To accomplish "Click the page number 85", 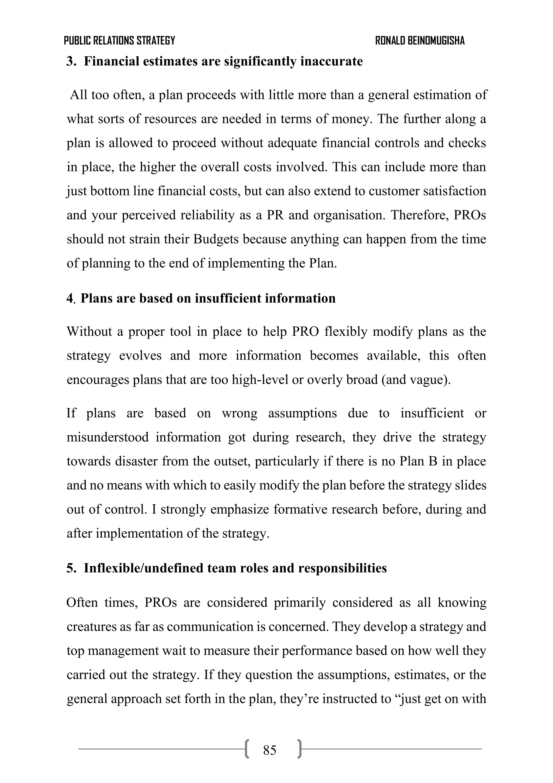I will click(x=269, y=750).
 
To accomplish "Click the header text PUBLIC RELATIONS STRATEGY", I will click(x=119, y=41).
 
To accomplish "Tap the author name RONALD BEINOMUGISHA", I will click(x=420, y=41).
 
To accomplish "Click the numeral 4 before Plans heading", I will click(x=70, y=298).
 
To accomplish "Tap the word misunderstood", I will click(x=108, y=437).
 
